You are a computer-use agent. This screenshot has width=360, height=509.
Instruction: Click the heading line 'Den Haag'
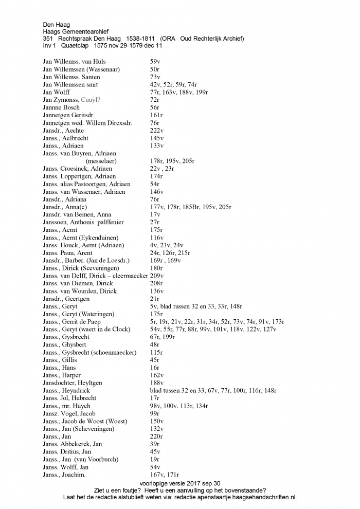pyautogui.click(x=57, y=24)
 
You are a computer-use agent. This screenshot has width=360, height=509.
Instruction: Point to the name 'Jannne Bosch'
pyautogui.click(x=61, y=107)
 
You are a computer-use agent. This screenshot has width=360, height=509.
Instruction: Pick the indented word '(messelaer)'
pyautogui.click(x=101, y=161)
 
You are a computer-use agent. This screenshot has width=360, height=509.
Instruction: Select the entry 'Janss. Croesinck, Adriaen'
pyautogui.click(x=78, y=169)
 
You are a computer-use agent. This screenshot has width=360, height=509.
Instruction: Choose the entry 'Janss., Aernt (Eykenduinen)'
pyautogui.click(x=81, y=238)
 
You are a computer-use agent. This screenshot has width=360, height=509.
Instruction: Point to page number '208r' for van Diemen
pyautogui.click(x=156, y=283)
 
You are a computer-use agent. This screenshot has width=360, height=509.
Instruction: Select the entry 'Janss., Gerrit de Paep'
pyautogui.click(x=76, y=322)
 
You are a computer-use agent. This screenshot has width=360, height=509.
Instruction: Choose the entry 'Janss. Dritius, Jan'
pyautogui.click(x=67, y=452)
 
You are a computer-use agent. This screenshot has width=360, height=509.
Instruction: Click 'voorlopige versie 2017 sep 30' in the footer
pyautogui.click(x=179, y=483)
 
